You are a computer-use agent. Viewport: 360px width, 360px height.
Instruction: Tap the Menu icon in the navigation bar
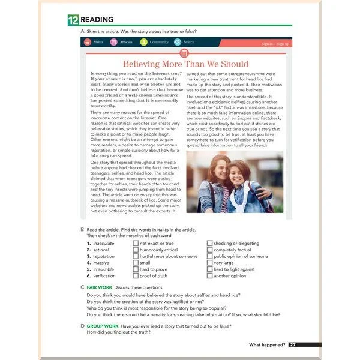(x=88, y=43)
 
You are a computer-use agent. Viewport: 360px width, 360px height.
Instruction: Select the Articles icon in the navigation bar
(x=113, y=43)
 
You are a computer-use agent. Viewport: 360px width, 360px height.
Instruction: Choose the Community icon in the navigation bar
(x=143, y=43)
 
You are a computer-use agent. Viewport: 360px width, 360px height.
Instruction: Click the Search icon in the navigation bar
(x=178, y=43)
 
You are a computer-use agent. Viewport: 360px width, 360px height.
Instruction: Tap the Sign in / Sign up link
(x=275, y=44)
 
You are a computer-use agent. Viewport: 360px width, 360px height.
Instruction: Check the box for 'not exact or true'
(x=136, y=244)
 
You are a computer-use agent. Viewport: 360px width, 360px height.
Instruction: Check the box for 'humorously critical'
(x=136, y=250)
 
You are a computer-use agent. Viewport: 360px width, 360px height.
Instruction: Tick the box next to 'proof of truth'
(x=136, y=276)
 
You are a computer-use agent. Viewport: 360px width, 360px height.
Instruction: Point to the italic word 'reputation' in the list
(x=104, y=256)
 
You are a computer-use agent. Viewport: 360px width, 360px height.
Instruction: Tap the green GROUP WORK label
(x=103, y=326)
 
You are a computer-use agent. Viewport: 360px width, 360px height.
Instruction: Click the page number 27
(x=292, y=344)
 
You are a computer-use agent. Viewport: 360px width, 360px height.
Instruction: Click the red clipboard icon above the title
(x=184, y=53)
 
